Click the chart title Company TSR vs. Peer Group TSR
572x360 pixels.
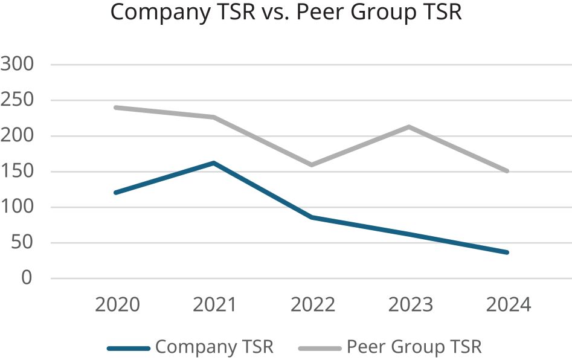click(286, 13)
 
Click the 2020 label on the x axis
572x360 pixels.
click(117, 304)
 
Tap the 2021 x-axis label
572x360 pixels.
click(214, 304)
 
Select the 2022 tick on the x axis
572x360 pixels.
click(312, 304)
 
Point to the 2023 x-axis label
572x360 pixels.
click(410, 304)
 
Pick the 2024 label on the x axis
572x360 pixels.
click(508, 304)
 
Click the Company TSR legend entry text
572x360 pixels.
click(214, 347)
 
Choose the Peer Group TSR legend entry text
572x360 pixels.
click(414, 347)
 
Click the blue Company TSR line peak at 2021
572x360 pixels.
click(214, 162)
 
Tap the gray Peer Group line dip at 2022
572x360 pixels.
click(312, 164)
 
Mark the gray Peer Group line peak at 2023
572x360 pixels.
click(410, 127)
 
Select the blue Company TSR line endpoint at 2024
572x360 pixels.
click(507, 252)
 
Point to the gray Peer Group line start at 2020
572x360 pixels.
click(116, 108)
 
